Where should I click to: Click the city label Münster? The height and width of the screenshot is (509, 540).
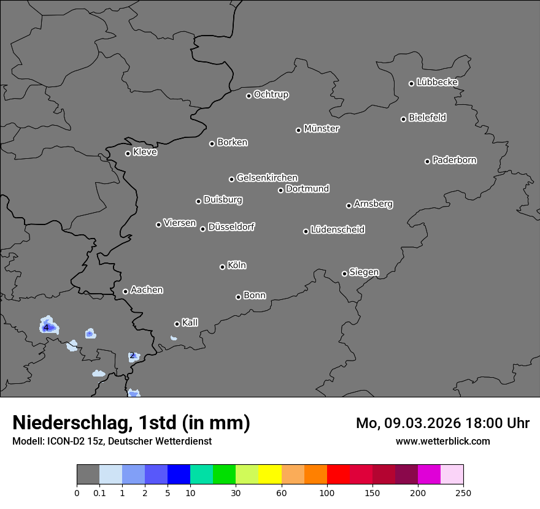322,129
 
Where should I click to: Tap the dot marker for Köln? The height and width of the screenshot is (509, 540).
222,267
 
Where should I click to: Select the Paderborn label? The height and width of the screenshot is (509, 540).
455,160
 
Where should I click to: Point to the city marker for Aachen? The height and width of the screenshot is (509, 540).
125,291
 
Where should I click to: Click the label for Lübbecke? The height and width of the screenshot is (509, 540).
438,82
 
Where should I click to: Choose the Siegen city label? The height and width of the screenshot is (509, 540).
364,272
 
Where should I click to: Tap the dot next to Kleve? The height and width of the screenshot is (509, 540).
128,153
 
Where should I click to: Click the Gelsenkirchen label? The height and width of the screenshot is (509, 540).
267,178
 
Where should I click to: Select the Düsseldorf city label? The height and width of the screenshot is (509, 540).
231,227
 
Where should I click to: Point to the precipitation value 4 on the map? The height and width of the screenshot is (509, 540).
46,328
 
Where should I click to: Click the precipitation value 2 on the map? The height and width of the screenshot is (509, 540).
132,356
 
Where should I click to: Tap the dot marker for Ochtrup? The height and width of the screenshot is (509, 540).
249,96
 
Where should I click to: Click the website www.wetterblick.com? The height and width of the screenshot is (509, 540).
442,441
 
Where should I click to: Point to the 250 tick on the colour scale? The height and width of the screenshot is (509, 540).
463,493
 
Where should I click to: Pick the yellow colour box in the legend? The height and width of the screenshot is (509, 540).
270,475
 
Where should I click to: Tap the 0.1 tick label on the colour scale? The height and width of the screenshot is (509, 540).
99,493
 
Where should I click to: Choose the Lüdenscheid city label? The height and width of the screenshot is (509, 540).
337,230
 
